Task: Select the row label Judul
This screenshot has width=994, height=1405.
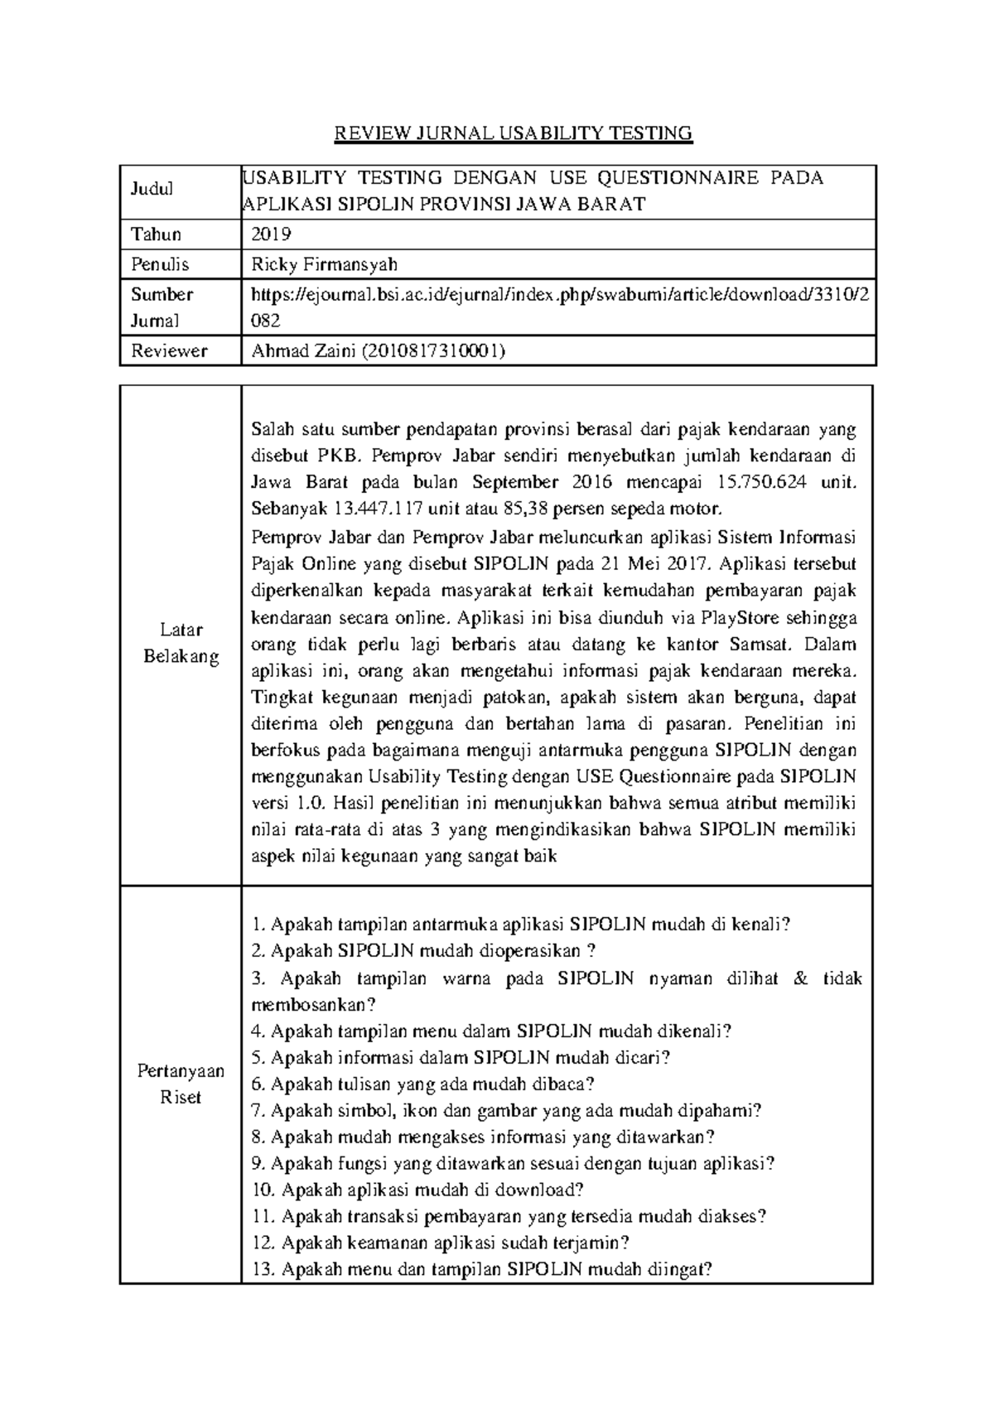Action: [x=152, y=189]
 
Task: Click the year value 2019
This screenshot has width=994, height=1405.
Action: [x=271, y=234]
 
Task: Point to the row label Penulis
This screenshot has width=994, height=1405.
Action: [x=160, y=264]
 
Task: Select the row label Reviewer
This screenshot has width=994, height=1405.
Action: [x=169, y=350]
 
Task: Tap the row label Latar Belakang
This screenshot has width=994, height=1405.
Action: [x=181, y=644]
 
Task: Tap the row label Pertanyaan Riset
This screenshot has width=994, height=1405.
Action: [x=181, y=1084]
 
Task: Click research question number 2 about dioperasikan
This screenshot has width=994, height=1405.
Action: [x=422, y=951]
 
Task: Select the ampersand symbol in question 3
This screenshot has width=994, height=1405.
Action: [x=799, y=978]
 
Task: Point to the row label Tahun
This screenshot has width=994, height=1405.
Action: [x=157, y=234]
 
